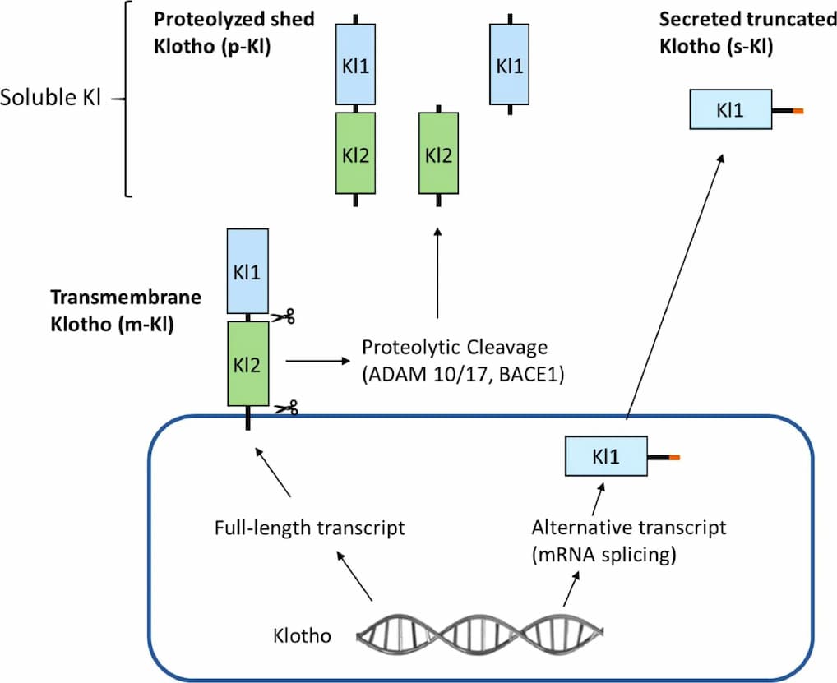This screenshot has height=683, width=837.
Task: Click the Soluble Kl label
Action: [50, 99]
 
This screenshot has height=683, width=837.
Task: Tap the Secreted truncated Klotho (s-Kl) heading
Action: [747, 32]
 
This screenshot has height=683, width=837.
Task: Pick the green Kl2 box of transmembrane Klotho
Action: [247, 363]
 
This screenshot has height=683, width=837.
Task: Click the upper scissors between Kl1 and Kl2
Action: [284, 316]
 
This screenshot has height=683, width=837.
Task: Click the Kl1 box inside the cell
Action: [605, 456]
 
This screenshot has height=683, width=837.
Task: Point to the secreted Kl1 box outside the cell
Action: [730, 109]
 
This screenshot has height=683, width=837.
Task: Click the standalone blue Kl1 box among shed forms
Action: [510, 64]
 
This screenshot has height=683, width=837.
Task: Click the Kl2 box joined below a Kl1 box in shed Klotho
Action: [355, 153]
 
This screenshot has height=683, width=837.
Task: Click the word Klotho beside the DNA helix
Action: [301, 636]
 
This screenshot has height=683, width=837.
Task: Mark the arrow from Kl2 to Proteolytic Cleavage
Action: [317, 360]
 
